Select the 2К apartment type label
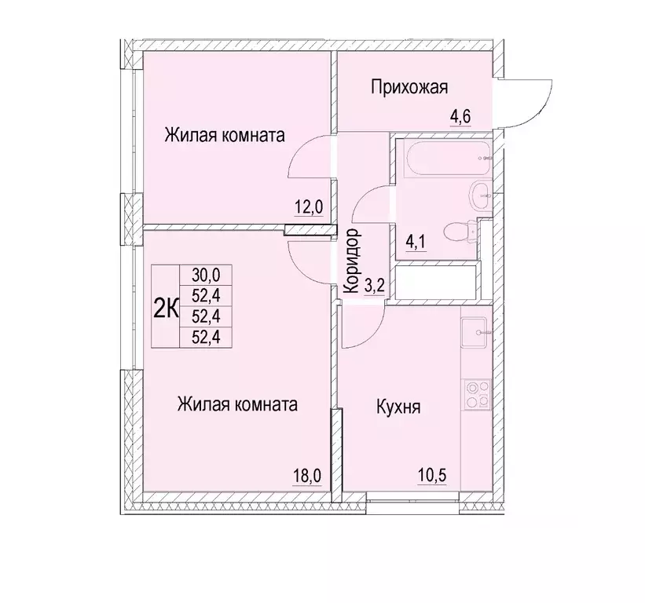pos(165,307)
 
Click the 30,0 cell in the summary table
pos(206,274)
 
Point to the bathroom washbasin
pos(478,194)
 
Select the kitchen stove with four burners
pos(475,394)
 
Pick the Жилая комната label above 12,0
pos(224,135)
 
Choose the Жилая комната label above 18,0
pos(237,405)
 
